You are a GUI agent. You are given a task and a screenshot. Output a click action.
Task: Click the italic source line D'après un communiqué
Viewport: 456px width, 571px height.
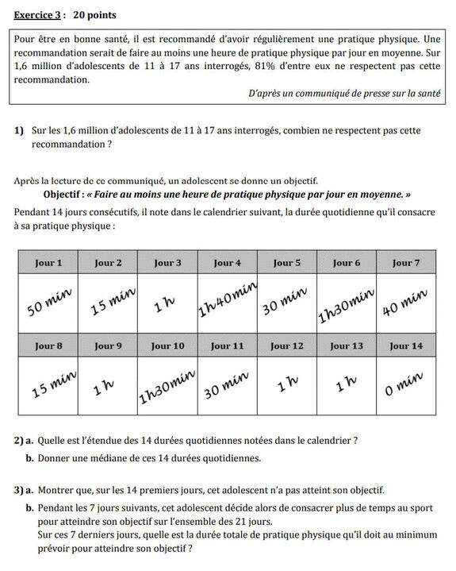coord(344,93)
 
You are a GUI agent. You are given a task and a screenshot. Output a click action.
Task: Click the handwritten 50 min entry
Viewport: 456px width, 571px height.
coord(49,302)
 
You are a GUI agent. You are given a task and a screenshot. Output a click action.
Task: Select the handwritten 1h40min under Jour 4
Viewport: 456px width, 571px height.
coord(227,300)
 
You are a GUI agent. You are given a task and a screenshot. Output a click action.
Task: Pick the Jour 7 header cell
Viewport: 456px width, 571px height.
coord(406,263)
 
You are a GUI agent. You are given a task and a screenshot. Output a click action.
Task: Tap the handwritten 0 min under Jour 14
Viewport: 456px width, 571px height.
coord(404,384)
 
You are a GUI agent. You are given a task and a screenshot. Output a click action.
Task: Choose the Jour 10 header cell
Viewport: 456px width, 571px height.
coord(167,345)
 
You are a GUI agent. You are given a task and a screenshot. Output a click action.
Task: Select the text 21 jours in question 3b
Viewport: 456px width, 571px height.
coord(252,522)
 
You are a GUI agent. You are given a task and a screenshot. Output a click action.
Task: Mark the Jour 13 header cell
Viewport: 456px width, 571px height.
coord(346,345)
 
